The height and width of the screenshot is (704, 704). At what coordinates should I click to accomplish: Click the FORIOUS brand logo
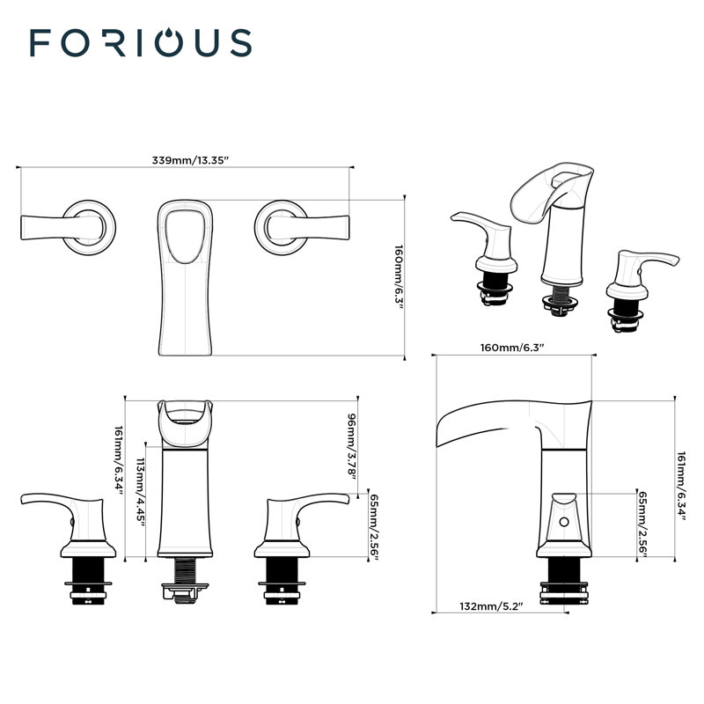pos(140,42)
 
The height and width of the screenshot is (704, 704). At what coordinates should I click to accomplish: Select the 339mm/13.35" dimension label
pos(190,160)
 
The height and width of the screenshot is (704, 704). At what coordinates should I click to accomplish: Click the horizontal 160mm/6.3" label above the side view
pos(513,348)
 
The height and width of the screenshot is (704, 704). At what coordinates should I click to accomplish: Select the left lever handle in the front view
pos(66,510)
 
